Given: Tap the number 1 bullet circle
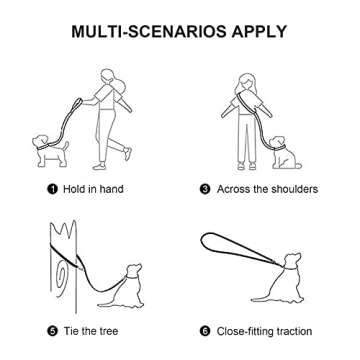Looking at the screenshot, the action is click(x=52, y=189).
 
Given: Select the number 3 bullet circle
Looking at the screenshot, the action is click(x=205, y=189).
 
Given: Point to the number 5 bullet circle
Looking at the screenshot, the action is click(x=52, y=331).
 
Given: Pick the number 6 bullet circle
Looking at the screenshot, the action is click(x=205, y=331).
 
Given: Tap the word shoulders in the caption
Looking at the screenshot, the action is click(x=294, y=189).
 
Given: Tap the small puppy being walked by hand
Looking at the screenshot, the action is click(x=50, y=151).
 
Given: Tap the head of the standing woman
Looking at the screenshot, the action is click(x=246, y=81).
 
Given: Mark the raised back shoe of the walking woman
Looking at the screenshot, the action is click(x=128, y=154).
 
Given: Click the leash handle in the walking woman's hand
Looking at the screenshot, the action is click(x=78, y=102).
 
